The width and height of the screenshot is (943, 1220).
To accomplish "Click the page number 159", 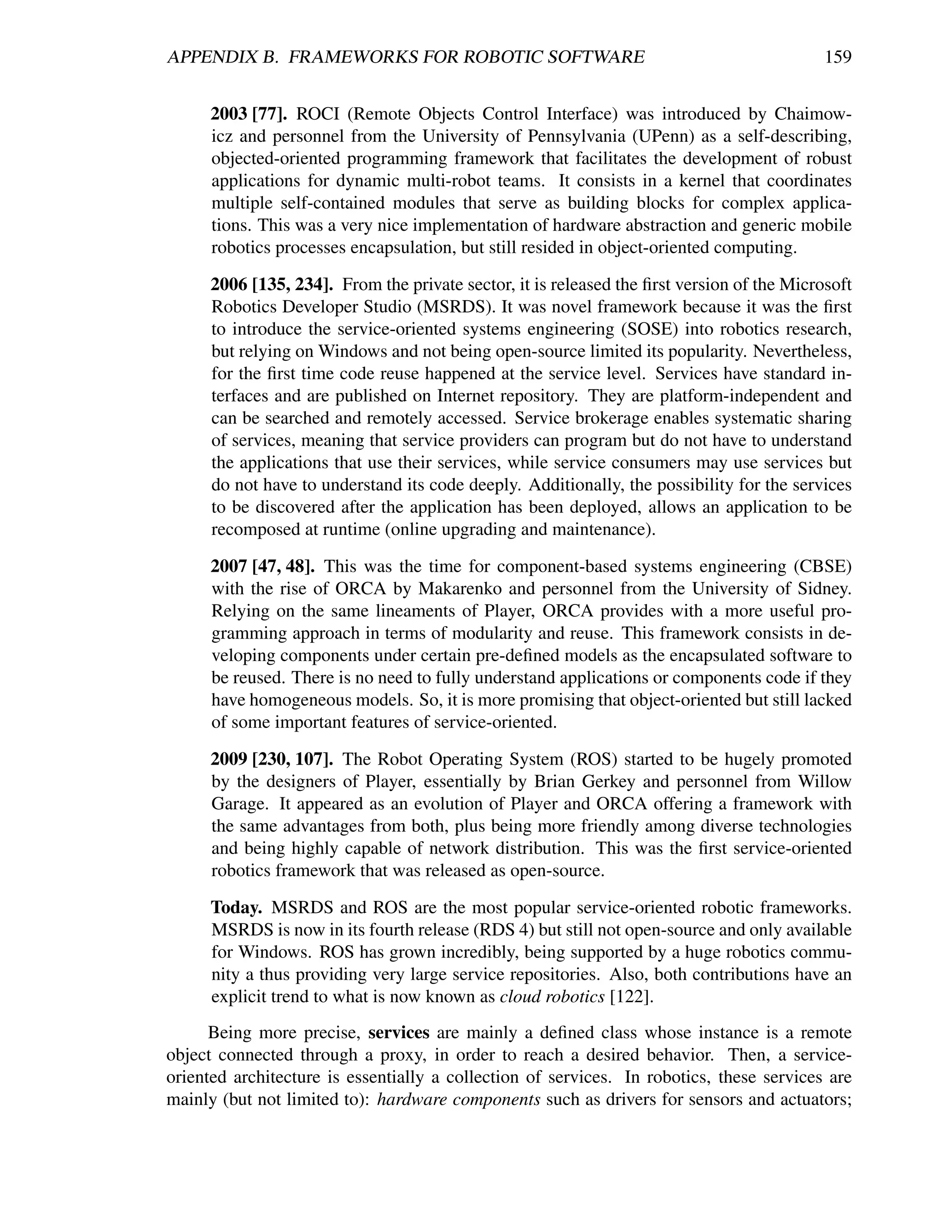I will click(x=838, y=57).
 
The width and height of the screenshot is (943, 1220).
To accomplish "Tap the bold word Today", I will click(x=236, y=908).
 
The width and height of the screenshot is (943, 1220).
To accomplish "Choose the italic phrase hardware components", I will click(x=459, y=1100).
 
